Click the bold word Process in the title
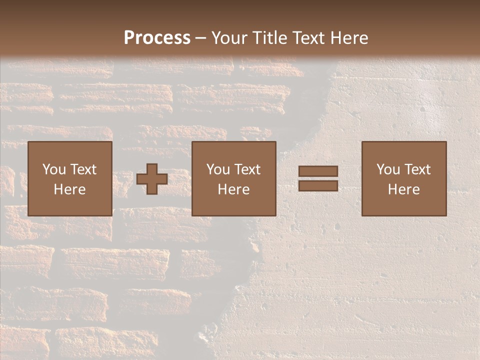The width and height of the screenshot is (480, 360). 157,38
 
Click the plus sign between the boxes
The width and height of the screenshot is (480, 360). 152,179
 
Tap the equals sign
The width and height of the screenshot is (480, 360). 318,178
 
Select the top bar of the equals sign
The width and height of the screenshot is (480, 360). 318,171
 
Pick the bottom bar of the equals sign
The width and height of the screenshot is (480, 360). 318,185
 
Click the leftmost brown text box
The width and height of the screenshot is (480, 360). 70,178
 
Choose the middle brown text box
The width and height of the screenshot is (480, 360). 233,178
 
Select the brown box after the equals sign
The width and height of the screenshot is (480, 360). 403,178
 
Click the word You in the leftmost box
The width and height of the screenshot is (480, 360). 54,169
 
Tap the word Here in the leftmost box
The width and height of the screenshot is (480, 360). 70,189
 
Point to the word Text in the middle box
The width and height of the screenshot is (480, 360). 247,169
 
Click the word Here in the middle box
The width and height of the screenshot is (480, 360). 233,189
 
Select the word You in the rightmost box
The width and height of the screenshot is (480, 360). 388,169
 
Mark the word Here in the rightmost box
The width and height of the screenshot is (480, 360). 403,189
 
